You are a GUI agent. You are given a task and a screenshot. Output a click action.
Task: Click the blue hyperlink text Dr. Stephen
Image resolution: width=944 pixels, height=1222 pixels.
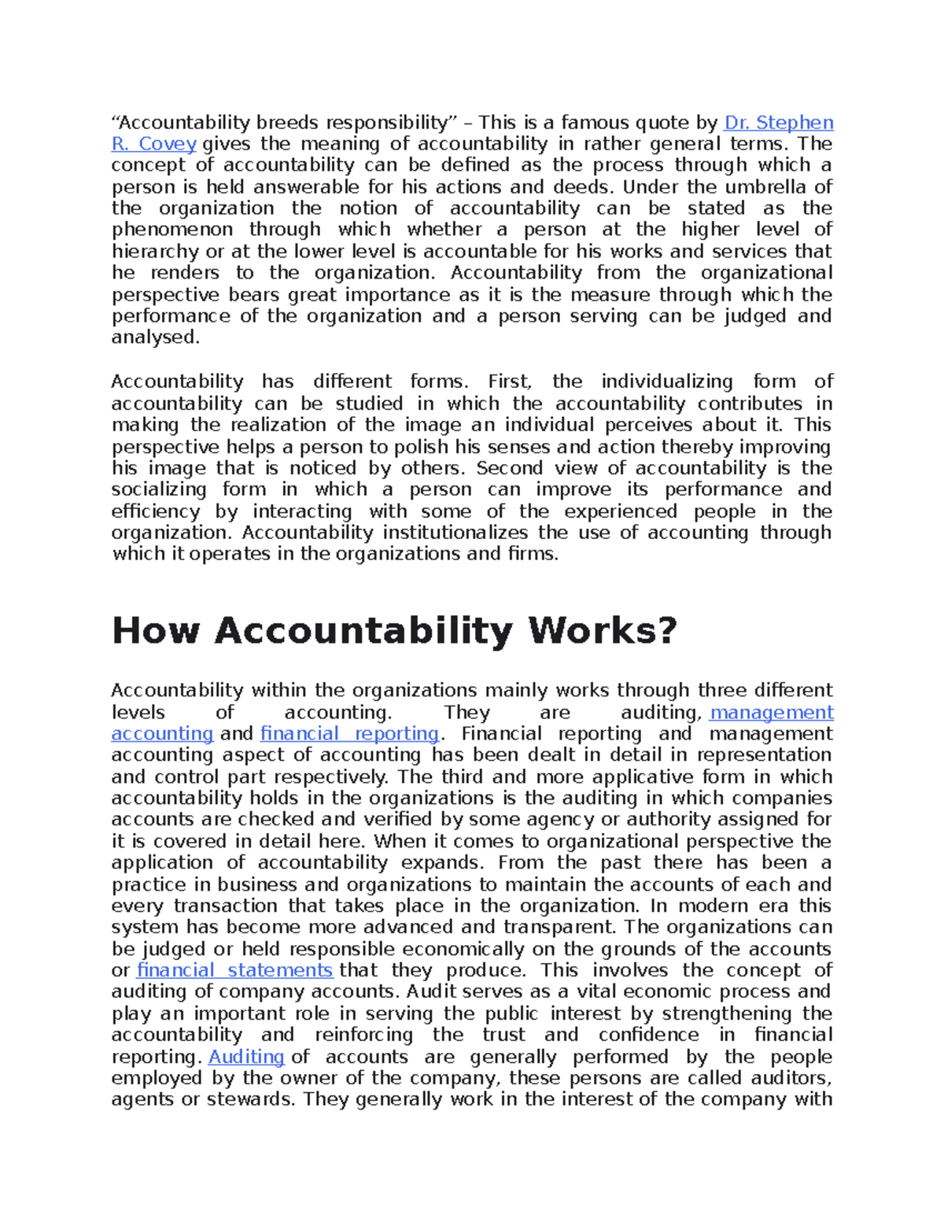(x=778, y=123)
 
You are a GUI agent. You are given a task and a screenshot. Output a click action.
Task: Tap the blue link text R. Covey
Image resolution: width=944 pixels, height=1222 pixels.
(x=154, y=144)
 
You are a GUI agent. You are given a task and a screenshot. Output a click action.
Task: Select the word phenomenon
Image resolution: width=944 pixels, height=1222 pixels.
(x=172, y=230)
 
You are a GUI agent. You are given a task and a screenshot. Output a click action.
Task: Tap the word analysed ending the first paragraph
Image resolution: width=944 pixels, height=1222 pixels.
(x=154, y=338)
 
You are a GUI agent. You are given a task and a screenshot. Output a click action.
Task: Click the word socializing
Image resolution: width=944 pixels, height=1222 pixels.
(x=159, y=489)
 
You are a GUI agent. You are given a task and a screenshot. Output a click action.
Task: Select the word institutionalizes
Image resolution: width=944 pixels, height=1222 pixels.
(x=455, y=533)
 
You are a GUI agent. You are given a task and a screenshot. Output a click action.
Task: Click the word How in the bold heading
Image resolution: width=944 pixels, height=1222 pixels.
(x=157, y=631)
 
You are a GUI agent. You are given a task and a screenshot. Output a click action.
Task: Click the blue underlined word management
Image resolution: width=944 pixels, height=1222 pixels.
(x=771, y=713)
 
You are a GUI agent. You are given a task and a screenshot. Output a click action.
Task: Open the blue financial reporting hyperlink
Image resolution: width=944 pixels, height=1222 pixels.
(x=349, y=734)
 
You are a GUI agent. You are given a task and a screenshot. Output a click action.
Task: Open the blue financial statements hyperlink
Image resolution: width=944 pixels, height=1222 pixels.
(x=235, y=971)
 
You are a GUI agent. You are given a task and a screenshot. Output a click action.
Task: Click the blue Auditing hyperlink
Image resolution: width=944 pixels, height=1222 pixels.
(x=246, y=1057)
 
